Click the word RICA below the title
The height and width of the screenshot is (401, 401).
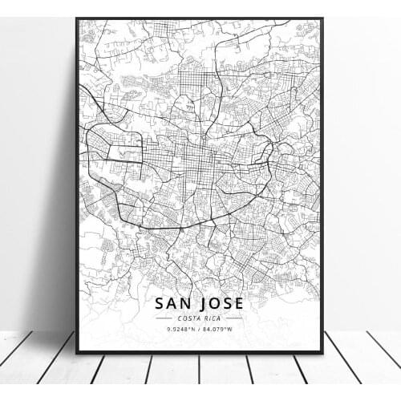tap(213, 318)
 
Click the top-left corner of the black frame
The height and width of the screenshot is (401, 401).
tap(77, 18)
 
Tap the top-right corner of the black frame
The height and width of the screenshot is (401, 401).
tap(322, 18)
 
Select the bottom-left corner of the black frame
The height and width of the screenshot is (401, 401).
tap(77, 353)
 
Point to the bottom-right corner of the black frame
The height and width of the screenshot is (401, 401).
tap(322, 353)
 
